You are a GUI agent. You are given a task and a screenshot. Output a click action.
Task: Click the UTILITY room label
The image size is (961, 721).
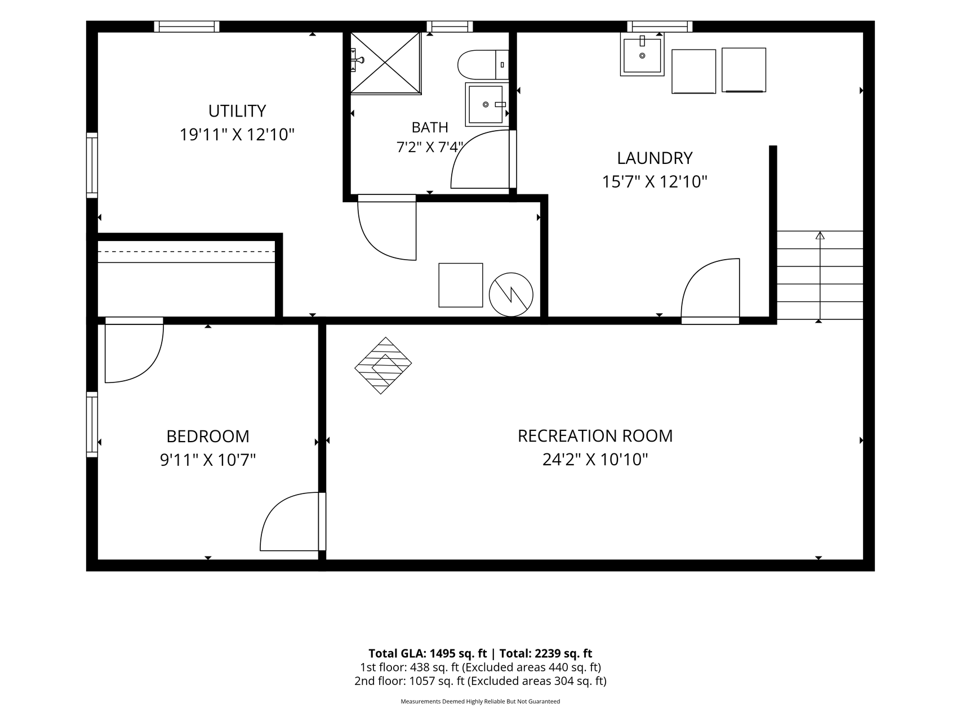(237, 111)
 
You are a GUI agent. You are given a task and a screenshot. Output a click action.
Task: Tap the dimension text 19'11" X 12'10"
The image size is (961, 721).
(237, 135)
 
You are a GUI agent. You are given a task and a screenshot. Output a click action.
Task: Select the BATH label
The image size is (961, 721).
(430, 127)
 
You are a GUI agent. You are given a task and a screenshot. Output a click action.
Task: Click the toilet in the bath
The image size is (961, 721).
(483, 65)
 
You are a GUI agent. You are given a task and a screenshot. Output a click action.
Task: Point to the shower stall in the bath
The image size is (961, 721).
(386, 63)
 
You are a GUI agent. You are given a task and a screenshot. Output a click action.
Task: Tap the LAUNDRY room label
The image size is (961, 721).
(655, 158)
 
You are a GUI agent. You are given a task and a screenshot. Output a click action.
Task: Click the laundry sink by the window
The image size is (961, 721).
(642, 54)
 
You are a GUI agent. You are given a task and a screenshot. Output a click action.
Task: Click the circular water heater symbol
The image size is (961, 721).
(511, 295)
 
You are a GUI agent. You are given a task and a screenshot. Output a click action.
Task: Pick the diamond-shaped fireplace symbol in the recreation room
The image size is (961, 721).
(383, 366)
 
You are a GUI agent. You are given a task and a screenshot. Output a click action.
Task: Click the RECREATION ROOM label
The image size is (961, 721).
(595, 436)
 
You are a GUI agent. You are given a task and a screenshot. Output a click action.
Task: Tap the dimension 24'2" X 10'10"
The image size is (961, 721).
(595, 460)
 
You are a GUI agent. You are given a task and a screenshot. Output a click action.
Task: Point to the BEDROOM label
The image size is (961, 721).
(208, 437)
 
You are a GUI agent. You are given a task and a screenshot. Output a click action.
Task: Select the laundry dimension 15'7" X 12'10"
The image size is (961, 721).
(655, 182)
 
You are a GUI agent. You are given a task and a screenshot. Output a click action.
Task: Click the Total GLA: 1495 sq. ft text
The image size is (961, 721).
(428, 653)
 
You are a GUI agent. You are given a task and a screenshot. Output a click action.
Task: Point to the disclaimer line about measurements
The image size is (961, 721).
(480, 701)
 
